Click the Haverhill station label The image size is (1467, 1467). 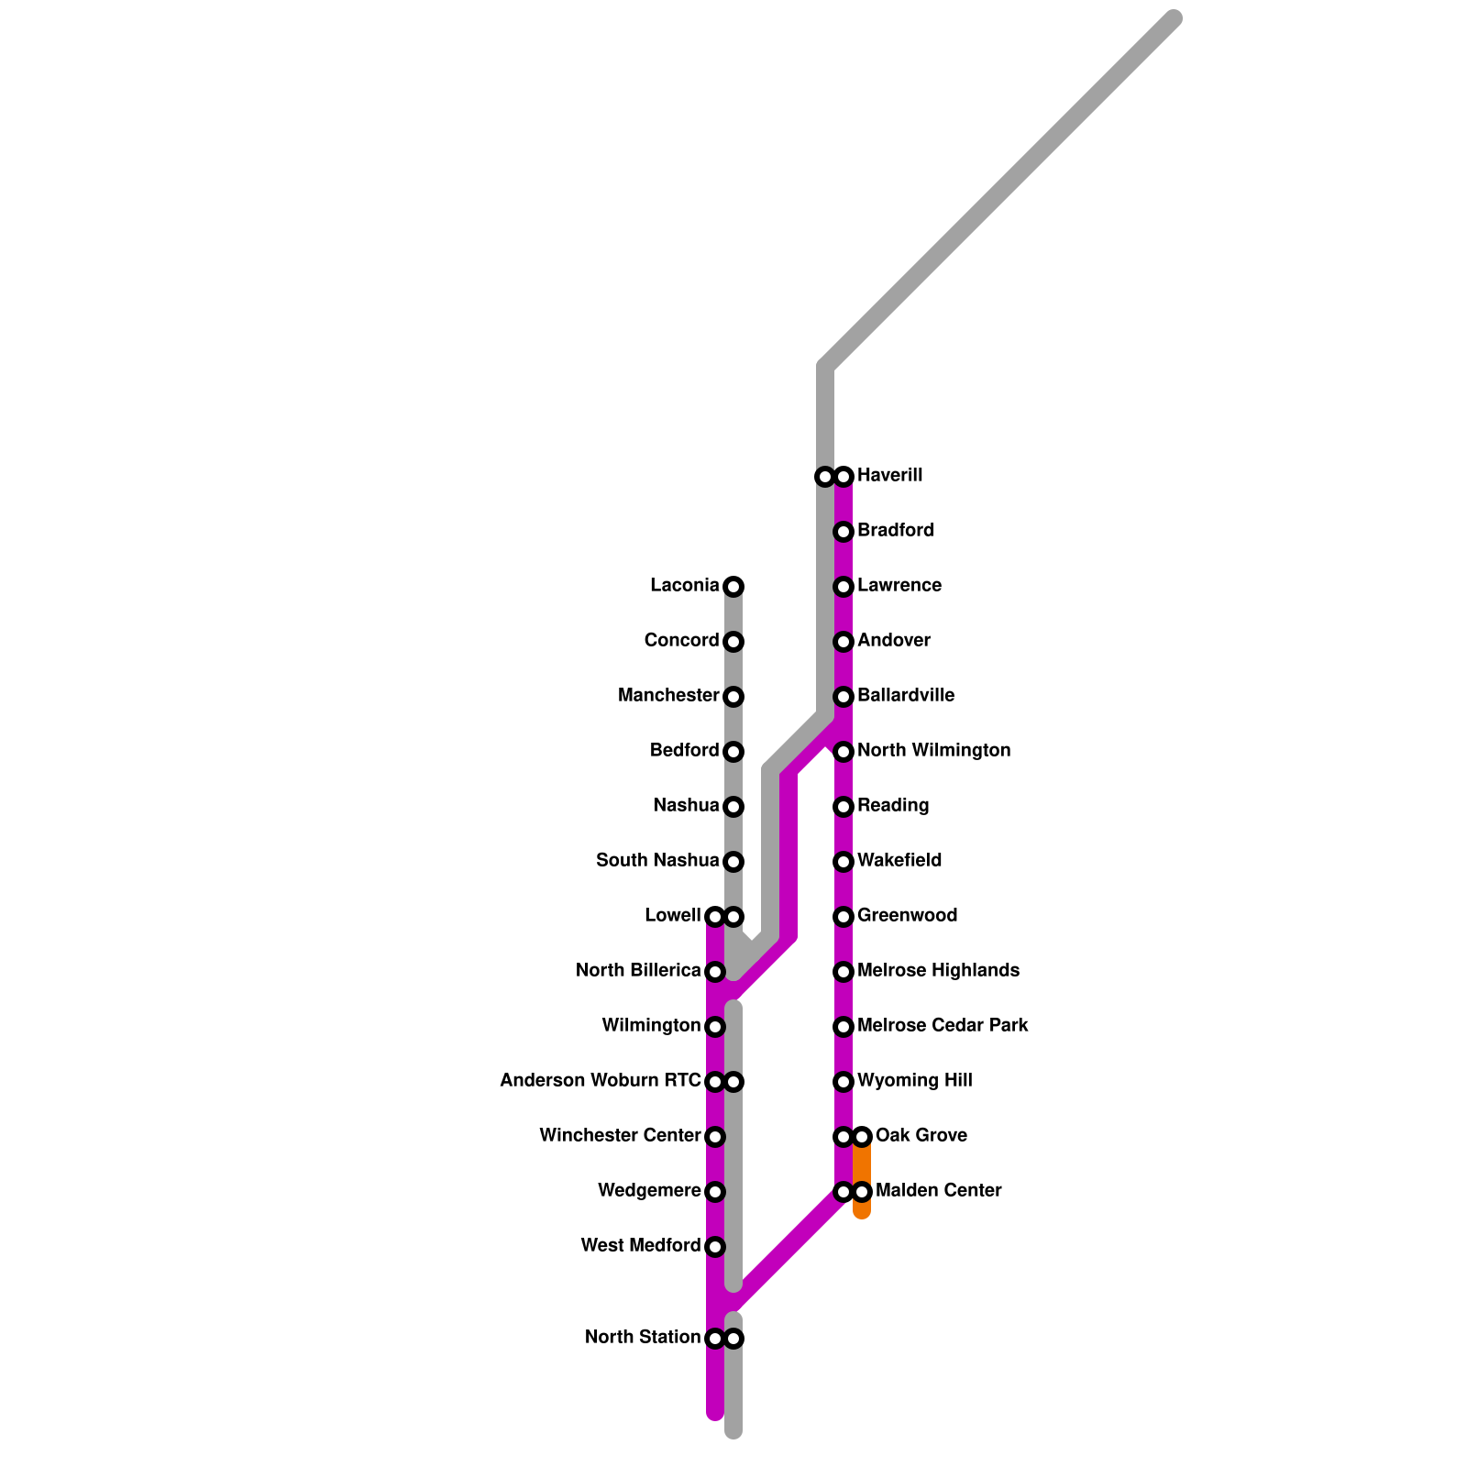889,476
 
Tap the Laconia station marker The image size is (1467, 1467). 733,587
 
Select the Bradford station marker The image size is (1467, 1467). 844,532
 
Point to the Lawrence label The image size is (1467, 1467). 899,586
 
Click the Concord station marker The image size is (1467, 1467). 733,642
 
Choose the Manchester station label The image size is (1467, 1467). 668,696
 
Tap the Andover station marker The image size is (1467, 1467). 844,642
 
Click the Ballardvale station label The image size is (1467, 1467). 905,696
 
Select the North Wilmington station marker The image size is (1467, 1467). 844,752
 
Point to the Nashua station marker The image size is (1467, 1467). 733,807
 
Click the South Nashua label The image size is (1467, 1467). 657,861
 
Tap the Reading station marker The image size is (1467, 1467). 844,807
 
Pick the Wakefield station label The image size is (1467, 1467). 899,861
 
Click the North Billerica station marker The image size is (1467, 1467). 715,972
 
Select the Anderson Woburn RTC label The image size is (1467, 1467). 601,1081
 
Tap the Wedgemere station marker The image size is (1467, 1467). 715,1192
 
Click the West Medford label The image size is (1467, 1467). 641,1246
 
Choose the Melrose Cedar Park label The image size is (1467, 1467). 943,1026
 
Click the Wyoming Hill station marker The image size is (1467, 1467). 844,1082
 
